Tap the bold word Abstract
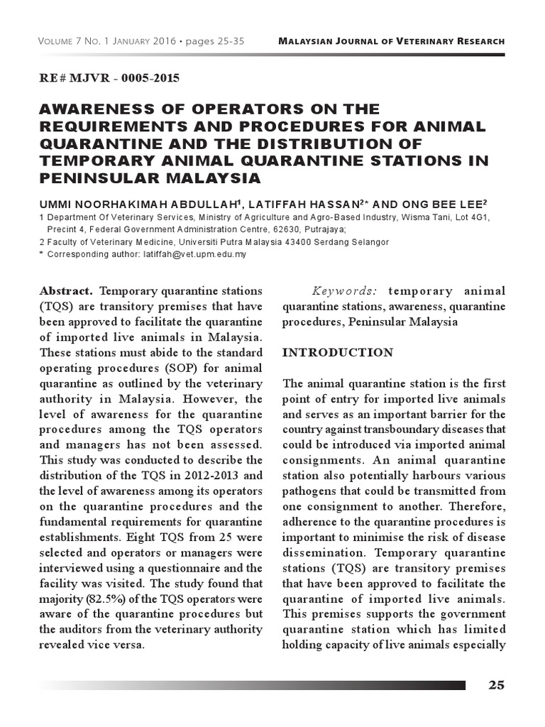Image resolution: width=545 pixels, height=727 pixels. (67, 291)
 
